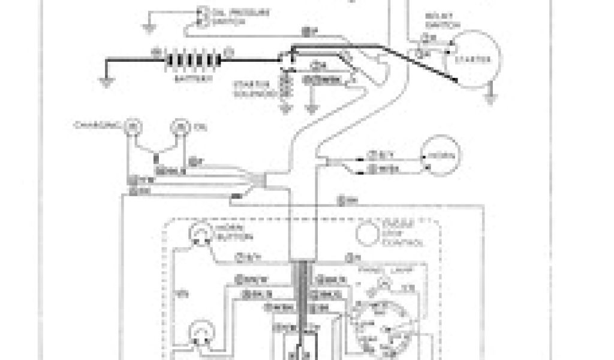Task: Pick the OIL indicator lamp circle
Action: pyautogui.click(x=179, y=125)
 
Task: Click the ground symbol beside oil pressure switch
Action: pyautogui.click(x=149, y=26)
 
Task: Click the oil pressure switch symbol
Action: pyautogui.click(x=203, y=16)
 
